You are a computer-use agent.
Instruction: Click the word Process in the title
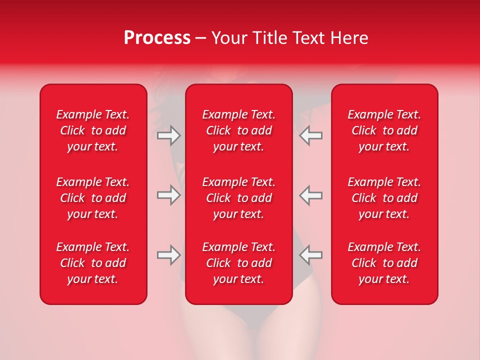[157, 38]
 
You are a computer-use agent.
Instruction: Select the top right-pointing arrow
[169, 135]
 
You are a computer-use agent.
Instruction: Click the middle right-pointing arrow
[169, 195]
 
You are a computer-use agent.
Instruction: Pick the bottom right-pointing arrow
[169, 255]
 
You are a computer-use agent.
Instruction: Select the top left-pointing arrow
[310, 135]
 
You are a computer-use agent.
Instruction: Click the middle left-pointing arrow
[310, 195]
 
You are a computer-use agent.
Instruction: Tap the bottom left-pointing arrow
[310, 255]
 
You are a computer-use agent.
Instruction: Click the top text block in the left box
[93, 130]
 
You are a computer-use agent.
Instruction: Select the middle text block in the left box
[93, 198]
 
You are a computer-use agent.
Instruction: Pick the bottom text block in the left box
[93, 263]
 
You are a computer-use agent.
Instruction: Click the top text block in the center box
[239, 130]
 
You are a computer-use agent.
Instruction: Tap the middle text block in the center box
[239, 198]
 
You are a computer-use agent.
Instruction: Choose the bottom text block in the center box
[239, 263]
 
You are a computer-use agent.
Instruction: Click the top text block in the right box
[384, 130]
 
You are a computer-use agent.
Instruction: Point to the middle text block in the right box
[384, 198]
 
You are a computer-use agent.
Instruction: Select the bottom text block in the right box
[384, 263]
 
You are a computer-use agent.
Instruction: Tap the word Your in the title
[229, 38]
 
